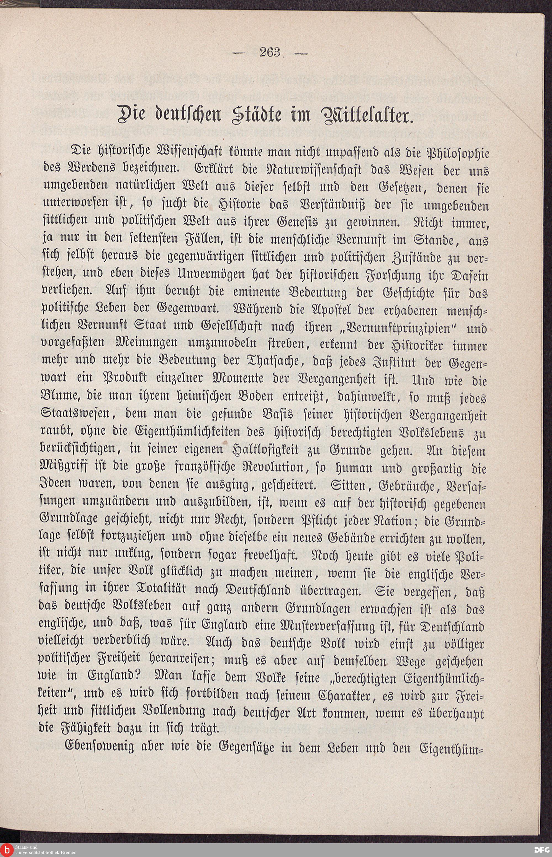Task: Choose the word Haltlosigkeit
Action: tap(266, 450)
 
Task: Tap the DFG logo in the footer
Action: tap(542, 850)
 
